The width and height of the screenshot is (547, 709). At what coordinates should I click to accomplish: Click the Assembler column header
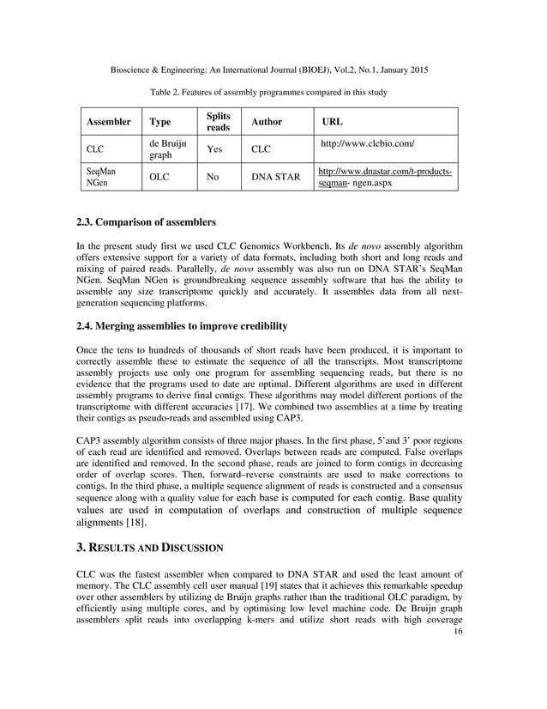pos(107,122)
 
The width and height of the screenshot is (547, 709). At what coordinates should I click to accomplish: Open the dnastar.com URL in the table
pos(385,178)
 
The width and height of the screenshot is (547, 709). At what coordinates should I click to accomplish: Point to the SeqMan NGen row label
pos(100,178)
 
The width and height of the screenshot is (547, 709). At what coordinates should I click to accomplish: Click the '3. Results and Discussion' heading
pos(150,547)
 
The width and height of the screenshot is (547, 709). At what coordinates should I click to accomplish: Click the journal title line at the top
pos(273,68)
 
